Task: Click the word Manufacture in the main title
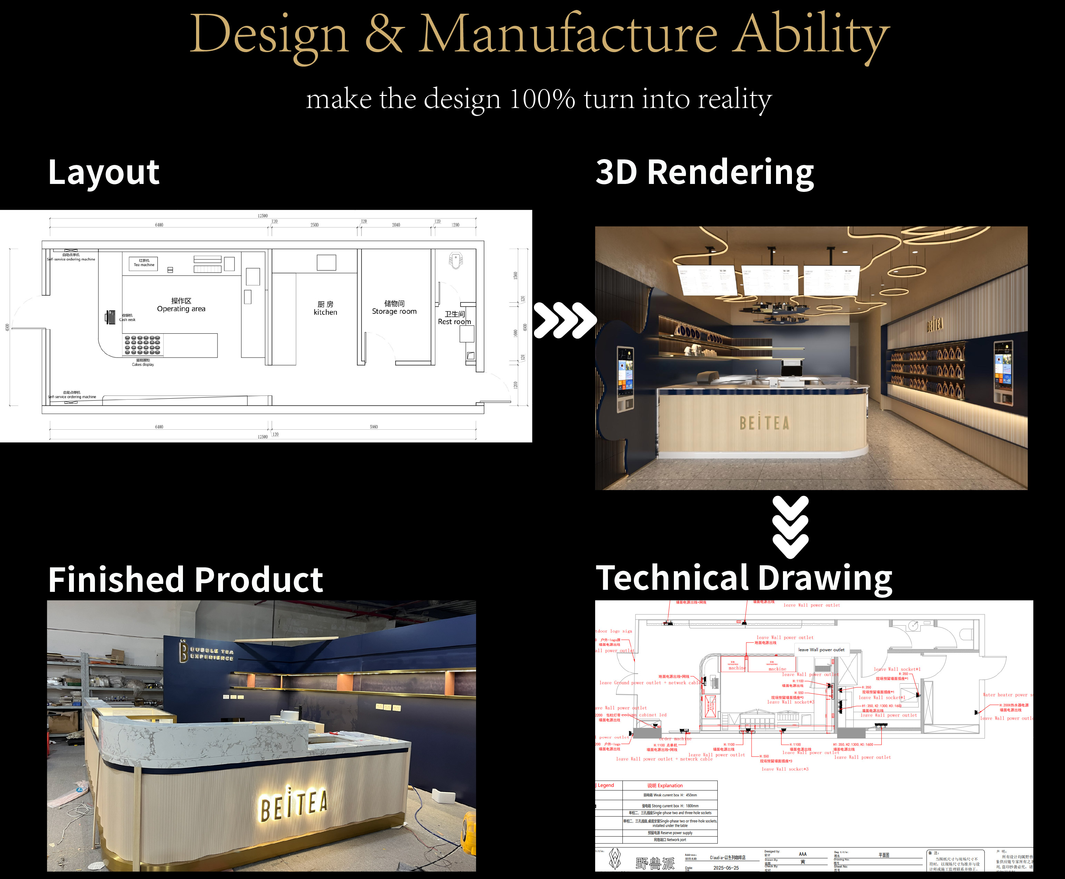(568, 35)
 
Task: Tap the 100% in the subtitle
(542, 99)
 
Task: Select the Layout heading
(104, 173)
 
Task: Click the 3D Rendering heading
(705, 173)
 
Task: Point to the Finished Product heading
(185, 580)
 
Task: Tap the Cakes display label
(143, 364)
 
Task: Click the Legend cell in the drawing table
(606, 785)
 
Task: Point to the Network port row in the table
(669, 840)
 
